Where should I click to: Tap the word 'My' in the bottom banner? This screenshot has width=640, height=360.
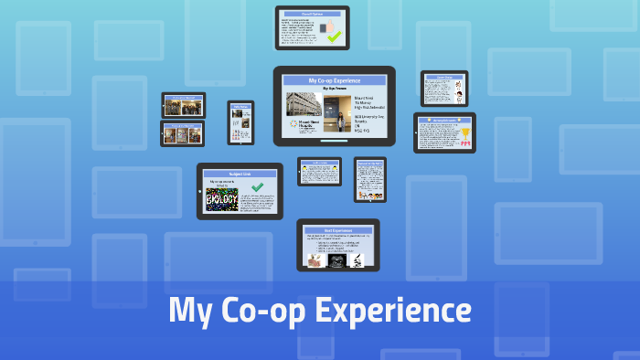coord(189,311)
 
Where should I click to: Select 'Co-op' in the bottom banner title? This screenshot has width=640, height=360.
coord(261,311)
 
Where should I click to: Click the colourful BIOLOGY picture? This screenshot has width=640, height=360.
coord(222,199)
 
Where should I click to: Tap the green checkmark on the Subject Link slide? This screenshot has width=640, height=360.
coord(258,186)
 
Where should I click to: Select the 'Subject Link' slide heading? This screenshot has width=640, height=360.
coord(240,174)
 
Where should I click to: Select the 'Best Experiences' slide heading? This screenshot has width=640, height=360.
coord(338,230)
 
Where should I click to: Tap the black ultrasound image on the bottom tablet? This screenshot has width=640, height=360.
coord(335,260)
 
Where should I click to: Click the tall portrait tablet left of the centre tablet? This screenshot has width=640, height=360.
coord(240,122)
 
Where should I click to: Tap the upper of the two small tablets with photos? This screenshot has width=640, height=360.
coord(184,105)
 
